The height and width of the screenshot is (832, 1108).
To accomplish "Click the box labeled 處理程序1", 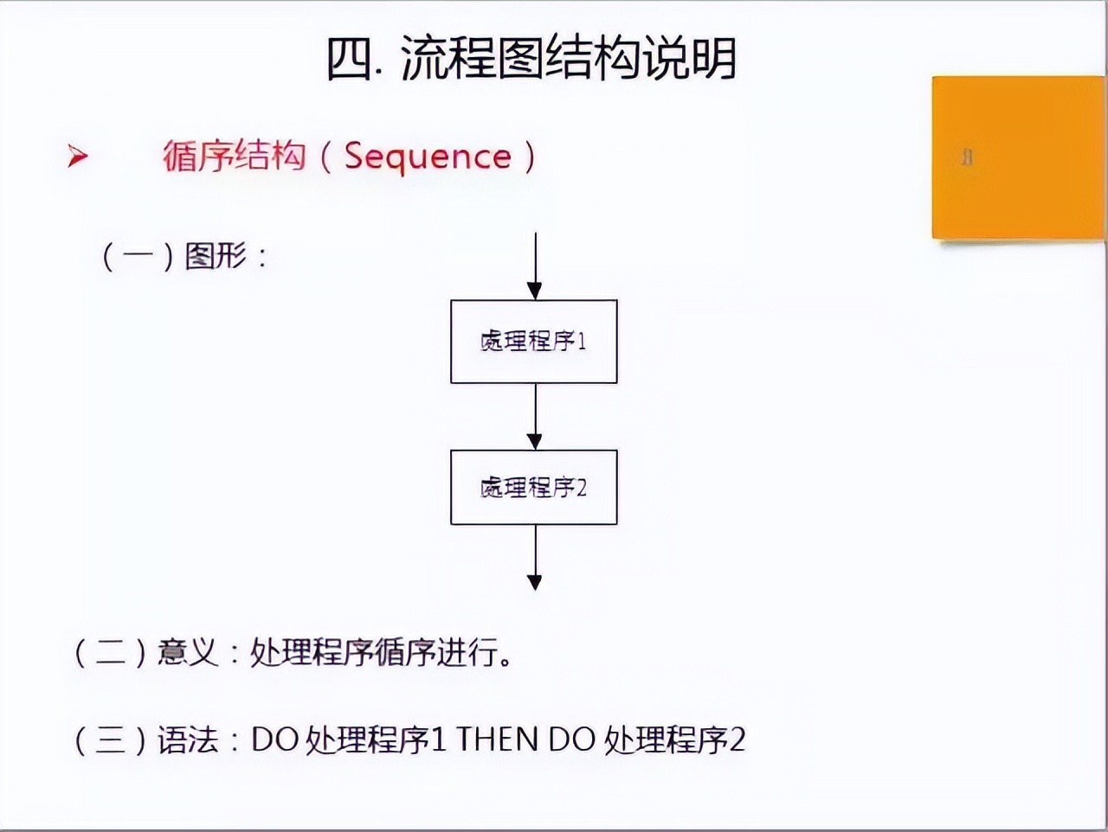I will (x=533, y=342).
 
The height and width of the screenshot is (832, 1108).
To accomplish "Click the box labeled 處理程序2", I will (x=533, y=487).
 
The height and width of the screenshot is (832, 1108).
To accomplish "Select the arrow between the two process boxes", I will (x=535, y=416).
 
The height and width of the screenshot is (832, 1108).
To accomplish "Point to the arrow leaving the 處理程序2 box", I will (x=535, y=558).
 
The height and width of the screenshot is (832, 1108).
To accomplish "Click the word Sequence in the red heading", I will (x=428, y=157).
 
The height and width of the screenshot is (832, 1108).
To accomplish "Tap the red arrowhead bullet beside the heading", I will (x=78, y=157).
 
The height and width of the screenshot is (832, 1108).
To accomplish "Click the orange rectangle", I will (x=1018, y=157).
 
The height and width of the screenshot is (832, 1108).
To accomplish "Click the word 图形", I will (x=216, y=256).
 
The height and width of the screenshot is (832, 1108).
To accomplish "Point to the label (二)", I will (x=110, y=652).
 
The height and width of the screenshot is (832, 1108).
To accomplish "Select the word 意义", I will (x=188, y=652).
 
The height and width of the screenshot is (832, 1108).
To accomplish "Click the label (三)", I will (x=110, y=740).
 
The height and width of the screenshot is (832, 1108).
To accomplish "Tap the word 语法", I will (x=188, y=740).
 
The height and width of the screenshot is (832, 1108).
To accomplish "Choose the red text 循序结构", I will (x=234, y=157).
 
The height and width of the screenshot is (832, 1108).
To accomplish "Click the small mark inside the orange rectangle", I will (x=968, y=157).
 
